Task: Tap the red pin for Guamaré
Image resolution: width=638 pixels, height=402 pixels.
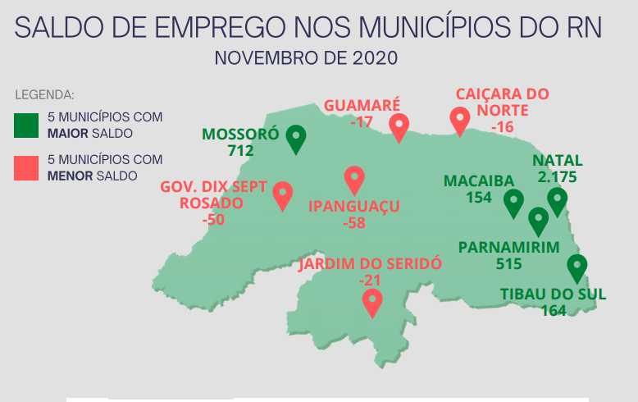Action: click(x=399, y=126)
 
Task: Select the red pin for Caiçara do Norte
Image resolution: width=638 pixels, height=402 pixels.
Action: click(x=460, y=121)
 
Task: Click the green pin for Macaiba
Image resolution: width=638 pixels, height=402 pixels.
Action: click(x=514, y=202)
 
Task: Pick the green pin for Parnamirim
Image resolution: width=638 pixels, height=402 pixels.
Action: click(x=539, y=220)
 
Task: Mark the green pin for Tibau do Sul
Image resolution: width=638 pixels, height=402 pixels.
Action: click(x=577, y=267)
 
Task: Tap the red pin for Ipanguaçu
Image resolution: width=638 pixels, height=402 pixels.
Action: click(x=354, y=179)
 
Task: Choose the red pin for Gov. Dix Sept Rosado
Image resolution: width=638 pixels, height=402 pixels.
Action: click(x=283, y=194)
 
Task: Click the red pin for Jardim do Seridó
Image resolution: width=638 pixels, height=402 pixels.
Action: click(x=373, y=301)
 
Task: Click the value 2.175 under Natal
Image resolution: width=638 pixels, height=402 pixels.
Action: click(x=558, y=176)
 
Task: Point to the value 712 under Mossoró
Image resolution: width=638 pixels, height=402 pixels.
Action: click(x=241, y=150)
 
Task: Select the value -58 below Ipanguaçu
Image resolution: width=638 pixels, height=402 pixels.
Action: click(x=355, y=222)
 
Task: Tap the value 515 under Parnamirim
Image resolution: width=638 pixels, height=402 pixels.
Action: click(x=509, y=263)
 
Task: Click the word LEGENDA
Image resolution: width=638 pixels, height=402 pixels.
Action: click(x=45, y=94)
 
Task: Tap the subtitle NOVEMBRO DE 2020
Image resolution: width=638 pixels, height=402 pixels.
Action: click(x=306, y=59)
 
